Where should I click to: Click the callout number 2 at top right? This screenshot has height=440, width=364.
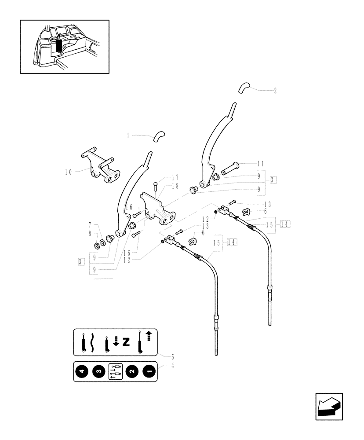pyautogui.click(x=275, y=91)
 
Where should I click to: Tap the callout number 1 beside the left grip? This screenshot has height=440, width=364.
pyautogui.click(x=128, y=136)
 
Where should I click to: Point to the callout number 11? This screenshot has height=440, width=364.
pyautogui.click(x=260, y=164)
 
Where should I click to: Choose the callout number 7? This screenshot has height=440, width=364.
pyautogui.click(x=91, y=225)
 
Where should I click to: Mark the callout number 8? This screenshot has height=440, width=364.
pyautogui.click(x=91, y=233)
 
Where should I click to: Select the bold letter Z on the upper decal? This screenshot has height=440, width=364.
pyautogui.click(x=126, y=342)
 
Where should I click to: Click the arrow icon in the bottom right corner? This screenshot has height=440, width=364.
pyautogui.click(x=328, y=406)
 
